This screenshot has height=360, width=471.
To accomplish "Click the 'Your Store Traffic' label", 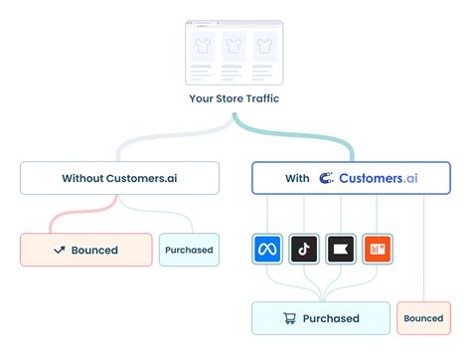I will pos(235,98).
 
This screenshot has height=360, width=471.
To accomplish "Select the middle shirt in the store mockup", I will pos(234,46).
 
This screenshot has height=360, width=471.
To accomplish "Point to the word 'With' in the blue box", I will pos(297,178).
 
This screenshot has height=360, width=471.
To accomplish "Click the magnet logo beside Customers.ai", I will pos(325,178).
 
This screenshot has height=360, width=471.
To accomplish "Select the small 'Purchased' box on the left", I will pos(189,250).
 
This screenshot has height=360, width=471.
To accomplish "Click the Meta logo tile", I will pos(267,248).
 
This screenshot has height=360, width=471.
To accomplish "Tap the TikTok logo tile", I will pos(304,248).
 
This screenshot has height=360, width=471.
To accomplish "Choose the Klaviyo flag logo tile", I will pos(341,248).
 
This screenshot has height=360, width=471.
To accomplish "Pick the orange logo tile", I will pos(378,248).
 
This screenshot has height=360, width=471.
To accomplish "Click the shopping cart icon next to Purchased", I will pos(290,318).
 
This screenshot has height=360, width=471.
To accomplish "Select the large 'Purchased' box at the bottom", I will pos(320,318).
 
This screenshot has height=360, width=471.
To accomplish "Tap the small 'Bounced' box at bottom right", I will pos(422,318).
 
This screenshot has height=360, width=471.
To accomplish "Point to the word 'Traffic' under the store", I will pos(259,98).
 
